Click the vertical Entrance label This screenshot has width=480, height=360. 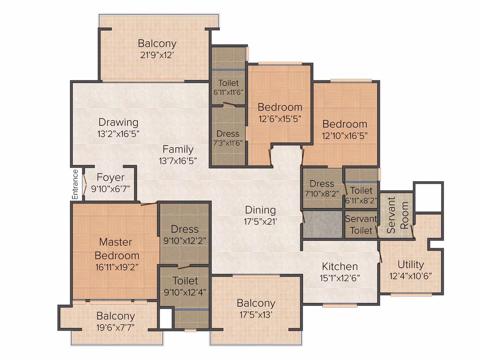pyautogui.click(x=75, y=184)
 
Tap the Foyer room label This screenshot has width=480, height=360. pyautogui.click(x=110, y=177)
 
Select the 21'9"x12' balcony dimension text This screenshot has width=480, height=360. pyautogui.click(x=157, y=55)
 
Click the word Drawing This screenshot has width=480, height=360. pyautogui.click(x=118, y=122)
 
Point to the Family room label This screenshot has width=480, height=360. pyautogui.click(x=178, y=149)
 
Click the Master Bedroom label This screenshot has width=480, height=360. pyautogui.click(x=117, y=249)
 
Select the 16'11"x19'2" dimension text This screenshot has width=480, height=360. pyautogui.click(x=117, y=267)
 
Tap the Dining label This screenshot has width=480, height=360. pyautogui.click(x=261, y=210)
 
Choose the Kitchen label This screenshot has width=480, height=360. pyautogui.click(x=340, y=266)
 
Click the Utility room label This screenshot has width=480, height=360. pyautogui.click(x=411, y=264)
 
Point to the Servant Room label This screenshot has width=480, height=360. pyautogui.click(x=398, y=215)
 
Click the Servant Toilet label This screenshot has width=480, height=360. pyautogui.click(x=361, y=225)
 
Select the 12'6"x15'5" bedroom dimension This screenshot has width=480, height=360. pyautogui.click(x=280, y=119)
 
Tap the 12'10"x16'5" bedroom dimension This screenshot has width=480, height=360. pyautogui.click(x=345, y=136)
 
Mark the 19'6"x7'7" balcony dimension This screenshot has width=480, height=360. pyautogui.click(x=115, y=328)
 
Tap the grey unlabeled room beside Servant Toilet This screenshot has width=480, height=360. pyautogui.click(x=322, y=224)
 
